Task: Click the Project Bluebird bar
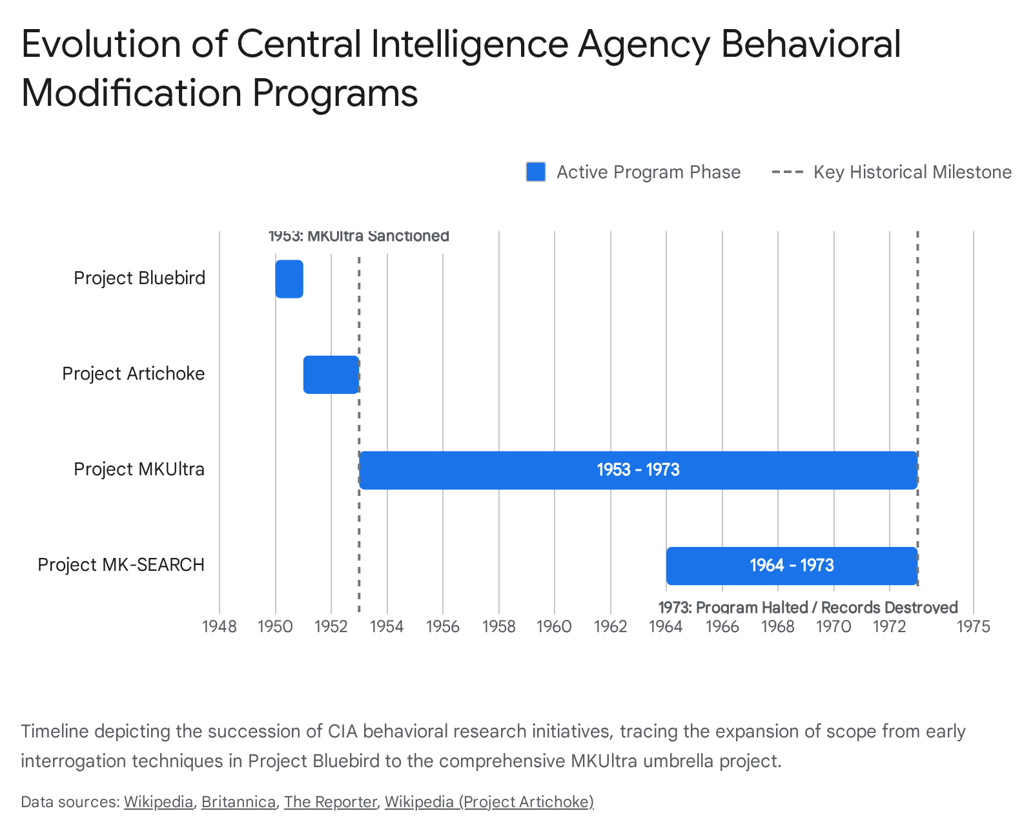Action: point(289,279)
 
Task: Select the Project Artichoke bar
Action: point(331,375)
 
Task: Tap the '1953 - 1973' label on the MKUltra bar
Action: point(638,469)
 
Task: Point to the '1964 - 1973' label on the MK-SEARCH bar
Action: point(792,565)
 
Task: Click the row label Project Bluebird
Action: point(139,278)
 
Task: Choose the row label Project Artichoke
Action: point(134,373)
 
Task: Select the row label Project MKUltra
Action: point(139,469)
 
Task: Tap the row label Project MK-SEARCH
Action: point(121,564)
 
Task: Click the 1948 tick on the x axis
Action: point(220,626)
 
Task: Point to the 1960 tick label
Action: point(554,626)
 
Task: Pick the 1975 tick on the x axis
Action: point(974,626)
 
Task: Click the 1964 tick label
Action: point(666,626)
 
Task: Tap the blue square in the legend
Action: point(536,172)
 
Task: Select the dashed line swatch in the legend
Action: point(787,172)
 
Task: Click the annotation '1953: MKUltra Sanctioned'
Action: point(358,236)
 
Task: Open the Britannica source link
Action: point(239,802)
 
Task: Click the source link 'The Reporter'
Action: point(331,802)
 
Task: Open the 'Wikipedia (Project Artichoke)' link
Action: point(489,802)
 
